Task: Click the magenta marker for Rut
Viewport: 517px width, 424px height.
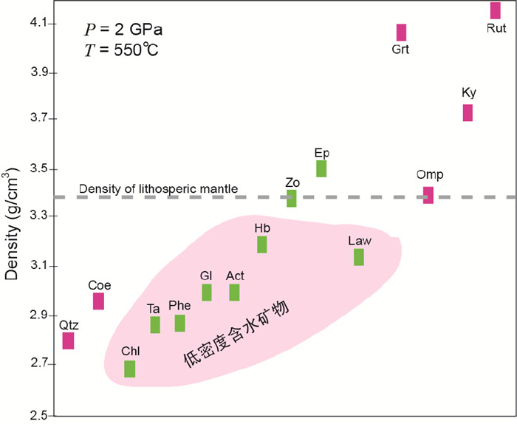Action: pyautogui.click(x=495, y=10)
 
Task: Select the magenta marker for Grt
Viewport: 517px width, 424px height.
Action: pyautogui.click(x=401, y=33)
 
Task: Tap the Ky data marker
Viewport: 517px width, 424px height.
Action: pyautogui.click(x=468, y=112)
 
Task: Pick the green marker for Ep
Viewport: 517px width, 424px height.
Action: pyautogui.click(x=321, y=168)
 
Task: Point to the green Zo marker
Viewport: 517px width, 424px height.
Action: pyautogui.click(x=292, y=198)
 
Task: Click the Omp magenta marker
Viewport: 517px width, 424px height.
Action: pyautogui.click(x=428, y=195)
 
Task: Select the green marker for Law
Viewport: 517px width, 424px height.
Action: pyautogui.click(x=359, y=256)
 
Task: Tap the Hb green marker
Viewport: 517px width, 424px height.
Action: pyautogui.click(x=262, y=245)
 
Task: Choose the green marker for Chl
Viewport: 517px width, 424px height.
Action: pyautogui.click(x=130, y=369)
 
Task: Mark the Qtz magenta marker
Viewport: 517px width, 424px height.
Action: pyautogui.click(x=68, y=341)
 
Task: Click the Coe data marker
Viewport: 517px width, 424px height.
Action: pyautogui.click(x=98, y=301)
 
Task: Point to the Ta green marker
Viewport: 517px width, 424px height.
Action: pyautogui.click(x=155, y=325)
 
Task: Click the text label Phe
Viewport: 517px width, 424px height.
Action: pyautogui.click(x=179, y=304)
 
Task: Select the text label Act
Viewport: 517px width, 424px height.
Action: pyautogui.click(x=235, y=276)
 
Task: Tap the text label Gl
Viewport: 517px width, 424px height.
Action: pyautogui.click(x=206, y=275)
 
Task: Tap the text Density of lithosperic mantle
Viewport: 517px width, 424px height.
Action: pyautogui.click(x=158, y=189)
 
